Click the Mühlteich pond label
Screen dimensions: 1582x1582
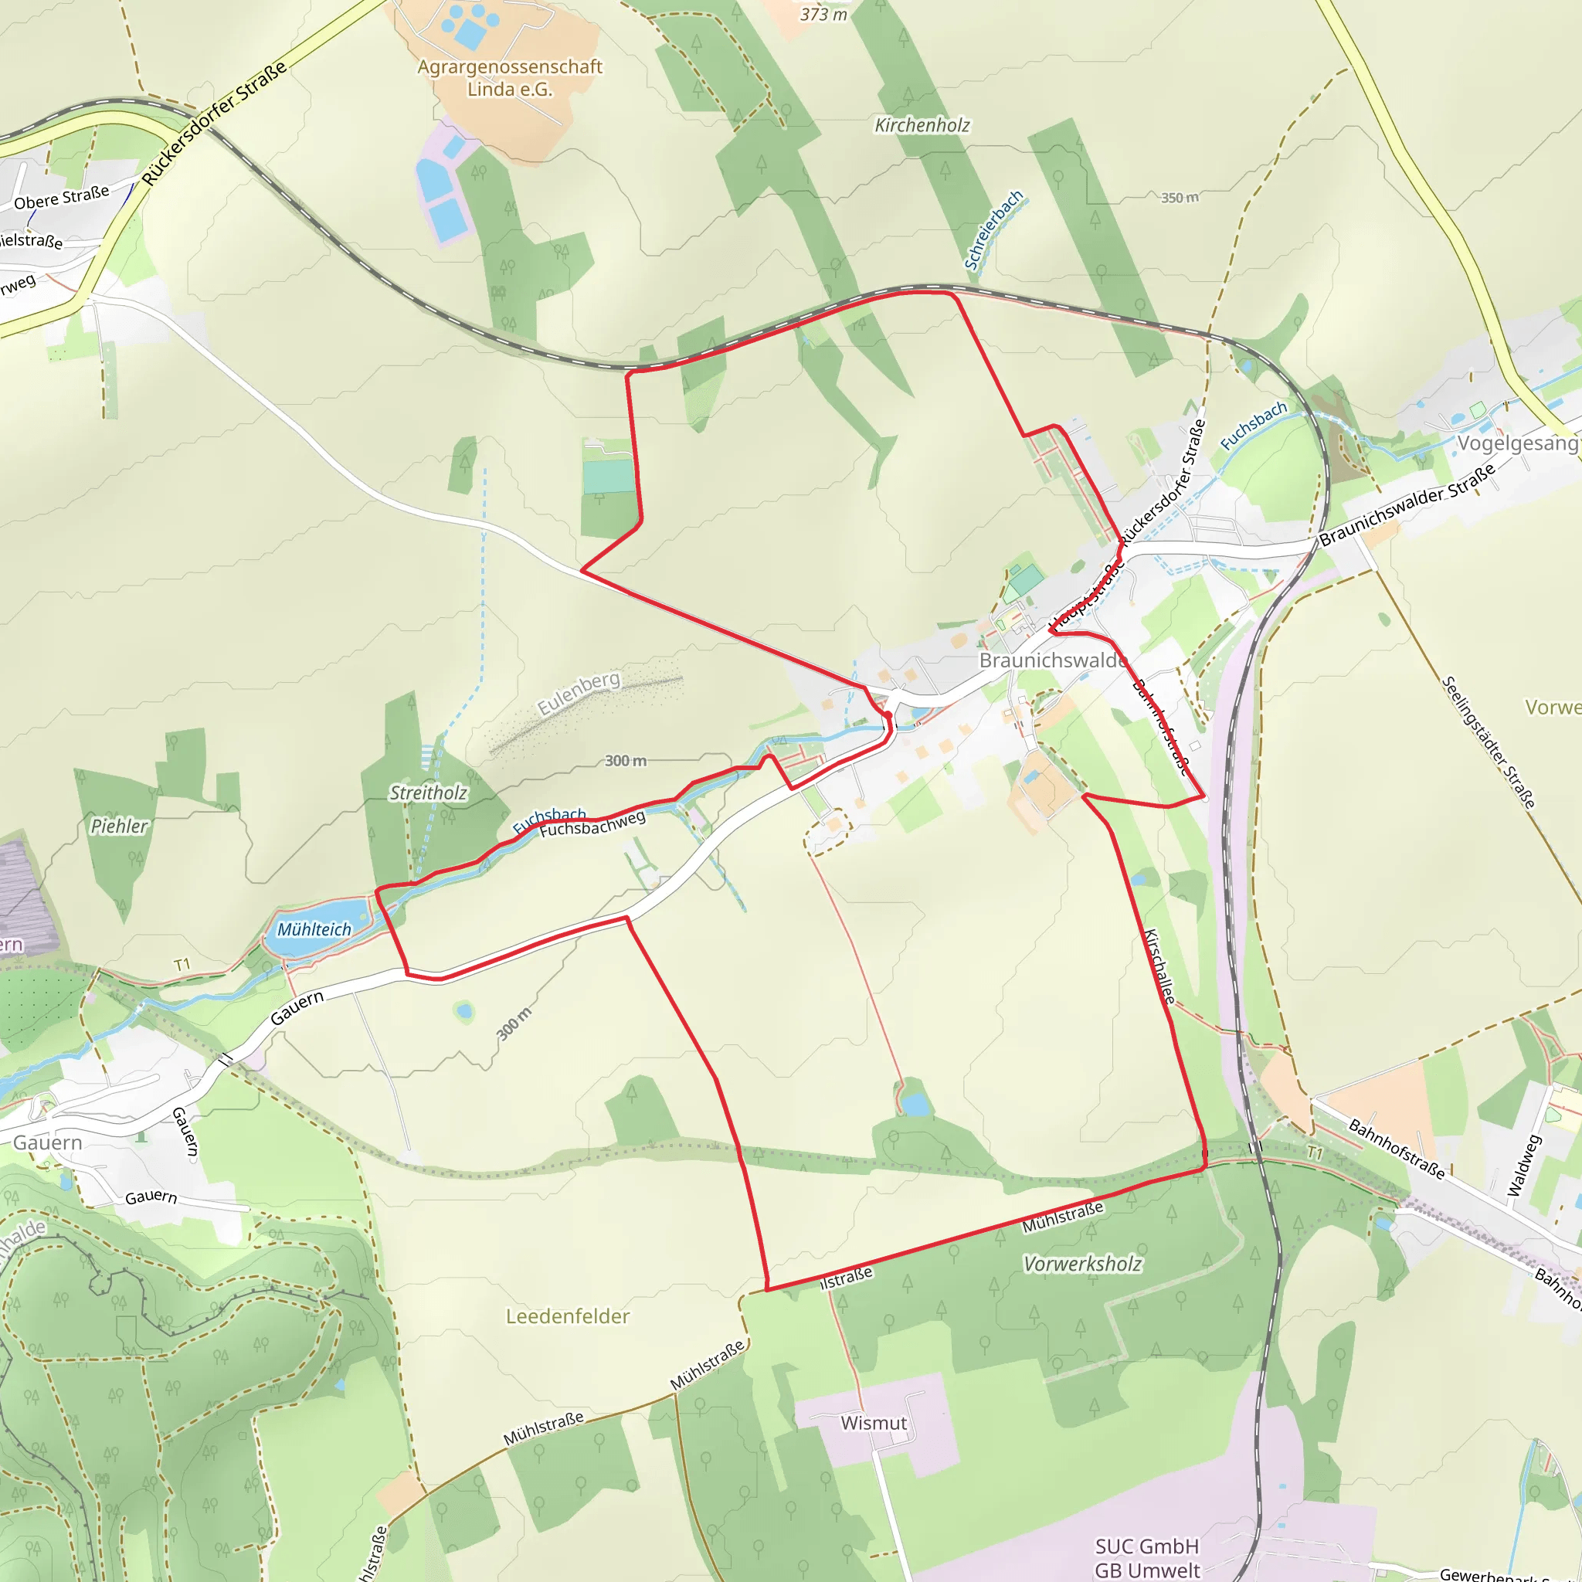click(314, 929)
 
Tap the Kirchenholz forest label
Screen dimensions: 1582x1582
click(922, 125)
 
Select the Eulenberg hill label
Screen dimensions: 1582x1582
click(578, 693)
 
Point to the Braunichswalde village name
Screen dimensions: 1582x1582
click(1053, 660)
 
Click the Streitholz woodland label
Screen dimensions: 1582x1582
click(427, 793)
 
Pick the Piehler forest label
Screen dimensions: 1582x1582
click(120, 827)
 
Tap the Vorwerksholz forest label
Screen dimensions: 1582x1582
click(1081, 1264)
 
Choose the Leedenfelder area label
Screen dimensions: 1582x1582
click(568, 1316)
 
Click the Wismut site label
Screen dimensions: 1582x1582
click(874, 1423)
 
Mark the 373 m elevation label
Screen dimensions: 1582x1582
click(823, 14)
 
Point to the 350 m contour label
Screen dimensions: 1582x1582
click(1179, 197)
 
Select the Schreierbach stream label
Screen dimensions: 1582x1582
click(993, 230)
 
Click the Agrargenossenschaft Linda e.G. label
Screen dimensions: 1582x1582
click(509, 78)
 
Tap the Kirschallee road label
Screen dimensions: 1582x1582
click(1159, 966)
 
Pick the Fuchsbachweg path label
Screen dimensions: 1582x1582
click(592, 823)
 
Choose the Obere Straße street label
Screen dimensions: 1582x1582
click(62, 197)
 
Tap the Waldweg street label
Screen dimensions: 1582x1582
click(1524, 1165)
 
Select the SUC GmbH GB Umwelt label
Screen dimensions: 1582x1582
click(1146, 1557)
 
